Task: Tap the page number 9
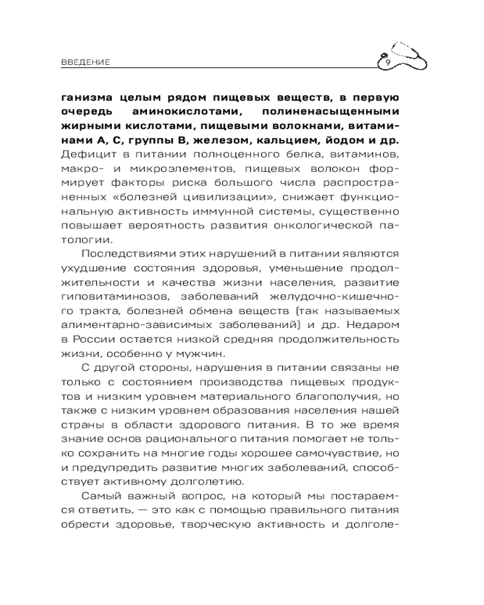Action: pyautogui.click(x=387, y=62)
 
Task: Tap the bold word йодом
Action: pyautogui.click(x=356, y=140)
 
